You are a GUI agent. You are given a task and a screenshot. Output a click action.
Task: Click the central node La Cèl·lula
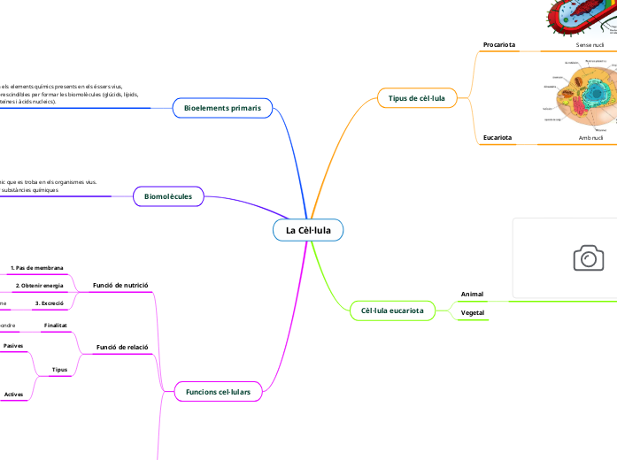point(308,230)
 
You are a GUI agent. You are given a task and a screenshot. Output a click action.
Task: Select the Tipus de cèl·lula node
point(417,97)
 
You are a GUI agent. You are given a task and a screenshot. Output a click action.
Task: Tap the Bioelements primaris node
point(222,108)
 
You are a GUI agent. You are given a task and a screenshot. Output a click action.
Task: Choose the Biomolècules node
point(168,196)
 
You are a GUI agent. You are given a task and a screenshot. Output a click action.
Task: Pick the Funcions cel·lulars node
point(218,391)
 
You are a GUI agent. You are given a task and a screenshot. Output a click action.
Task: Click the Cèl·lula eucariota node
point(393,310)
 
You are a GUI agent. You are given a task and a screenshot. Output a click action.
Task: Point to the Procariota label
point(499,44)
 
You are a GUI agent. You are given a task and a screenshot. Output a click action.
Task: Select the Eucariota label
point(497,138)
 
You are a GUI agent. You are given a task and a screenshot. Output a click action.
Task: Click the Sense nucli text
point(590,44)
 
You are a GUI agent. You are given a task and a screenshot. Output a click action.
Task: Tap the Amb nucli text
point(590,138)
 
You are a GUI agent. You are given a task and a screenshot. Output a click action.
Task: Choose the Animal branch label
point(472,294)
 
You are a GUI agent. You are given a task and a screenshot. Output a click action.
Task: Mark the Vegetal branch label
point(473,313)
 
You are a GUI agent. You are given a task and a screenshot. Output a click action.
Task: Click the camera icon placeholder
point(588,257)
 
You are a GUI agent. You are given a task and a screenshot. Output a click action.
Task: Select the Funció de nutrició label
point(120,286)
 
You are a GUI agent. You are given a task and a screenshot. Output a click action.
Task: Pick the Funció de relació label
point(121,349)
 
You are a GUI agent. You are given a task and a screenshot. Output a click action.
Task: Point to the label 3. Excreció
point(49,303)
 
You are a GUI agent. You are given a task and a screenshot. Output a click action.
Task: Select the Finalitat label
point(56,326)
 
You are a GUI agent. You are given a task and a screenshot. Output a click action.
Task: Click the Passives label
point(13,345)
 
